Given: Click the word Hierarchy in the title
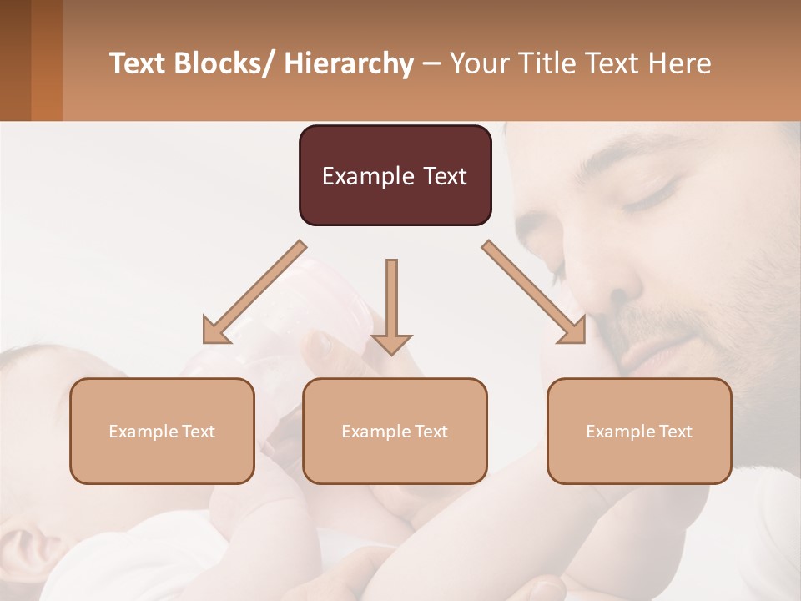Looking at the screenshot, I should tap(349, 64).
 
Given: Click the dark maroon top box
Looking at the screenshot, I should tap(395, 175).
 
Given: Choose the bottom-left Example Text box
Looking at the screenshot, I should tap(162, 431).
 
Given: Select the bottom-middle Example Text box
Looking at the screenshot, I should tap(395, 431).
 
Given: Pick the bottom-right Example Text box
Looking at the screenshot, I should tap(639, 431).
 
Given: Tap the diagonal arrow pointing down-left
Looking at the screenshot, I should tap(254, 293).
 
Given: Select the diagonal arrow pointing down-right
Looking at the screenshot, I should tap(535, 292).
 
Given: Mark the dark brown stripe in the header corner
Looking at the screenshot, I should tap(15, 60).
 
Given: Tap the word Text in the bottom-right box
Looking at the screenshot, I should tap(676, 432).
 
